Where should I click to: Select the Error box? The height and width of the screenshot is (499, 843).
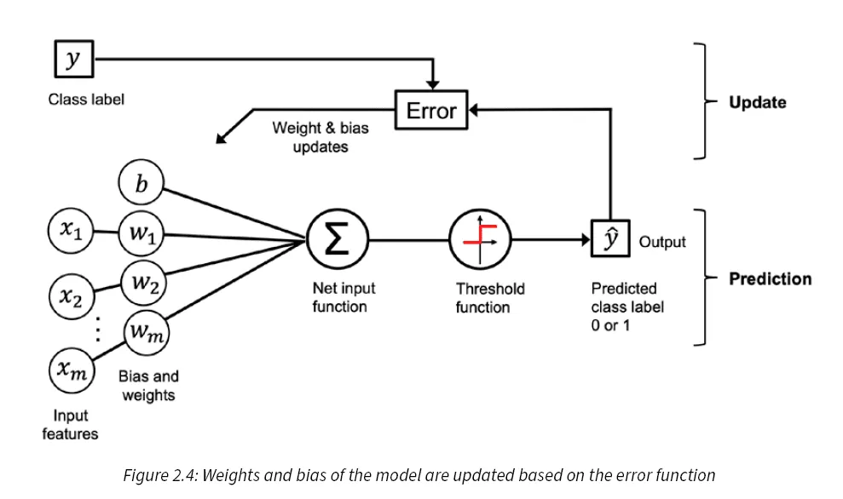click(x=430, y=111)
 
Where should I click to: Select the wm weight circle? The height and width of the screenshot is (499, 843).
click(x=147, y=333)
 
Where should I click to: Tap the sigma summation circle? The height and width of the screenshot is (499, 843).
click(x=338, y=241)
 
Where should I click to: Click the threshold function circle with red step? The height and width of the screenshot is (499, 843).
click(x=480, y=241)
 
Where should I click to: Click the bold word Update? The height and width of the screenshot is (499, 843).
click(x=757, y=102)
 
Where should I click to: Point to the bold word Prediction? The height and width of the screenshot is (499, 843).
click(x=770, y=278)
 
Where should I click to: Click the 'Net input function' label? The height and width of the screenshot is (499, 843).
click(x=343, y=298)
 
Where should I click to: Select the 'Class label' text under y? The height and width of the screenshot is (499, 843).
click(x=86, y=100)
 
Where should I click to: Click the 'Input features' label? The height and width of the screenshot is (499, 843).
click(x=70, y=425)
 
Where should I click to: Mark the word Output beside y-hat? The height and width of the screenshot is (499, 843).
click(x=661, y=242)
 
